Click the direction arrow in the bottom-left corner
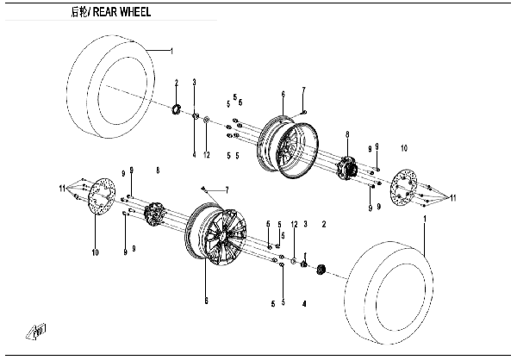click(39, 330)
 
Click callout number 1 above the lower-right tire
click(425, 220)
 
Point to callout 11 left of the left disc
click(62, 188)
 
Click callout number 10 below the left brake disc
click(96, 252)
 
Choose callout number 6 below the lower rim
click(206, 300)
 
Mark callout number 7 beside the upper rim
click(304, 90)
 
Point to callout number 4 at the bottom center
click(304, 303)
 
